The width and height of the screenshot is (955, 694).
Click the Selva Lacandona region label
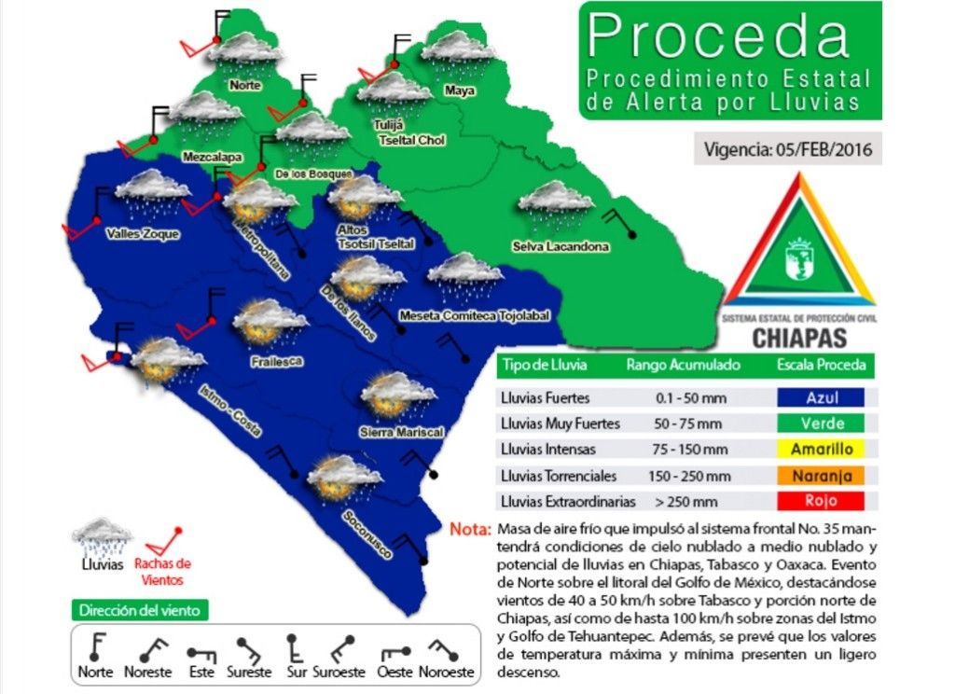tap(561, 247)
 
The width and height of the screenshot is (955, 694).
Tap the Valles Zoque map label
tap(143, 233)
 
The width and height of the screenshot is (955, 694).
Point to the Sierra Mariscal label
tap(400, 432)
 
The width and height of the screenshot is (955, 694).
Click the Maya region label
tap(459, 90)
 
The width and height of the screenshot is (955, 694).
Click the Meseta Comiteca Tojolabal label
tap(474, 315)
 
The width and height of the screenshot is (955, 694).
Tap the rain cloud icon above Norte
tap(244, 51)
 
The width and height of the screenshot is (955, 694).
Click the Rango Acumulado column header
tap(684, 365)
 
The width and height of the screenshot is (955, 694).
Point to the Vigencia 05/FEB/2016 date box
tap(788, 149)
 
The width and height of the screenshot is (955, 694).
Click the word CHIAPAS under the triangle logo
tap(798, 337)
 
